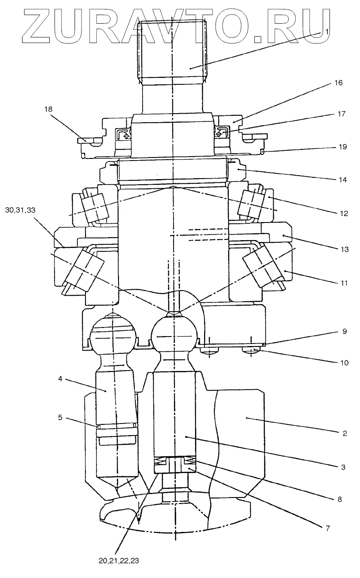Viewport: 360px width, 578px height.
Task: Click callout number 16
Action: coord(339,83)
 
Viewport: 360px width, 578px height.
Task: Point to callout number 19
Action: coord(342,147)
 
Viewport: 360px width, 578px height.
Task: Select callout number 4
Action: coord(61,379)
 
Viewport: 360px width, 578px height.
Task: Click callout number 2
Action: coord(344,433)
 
